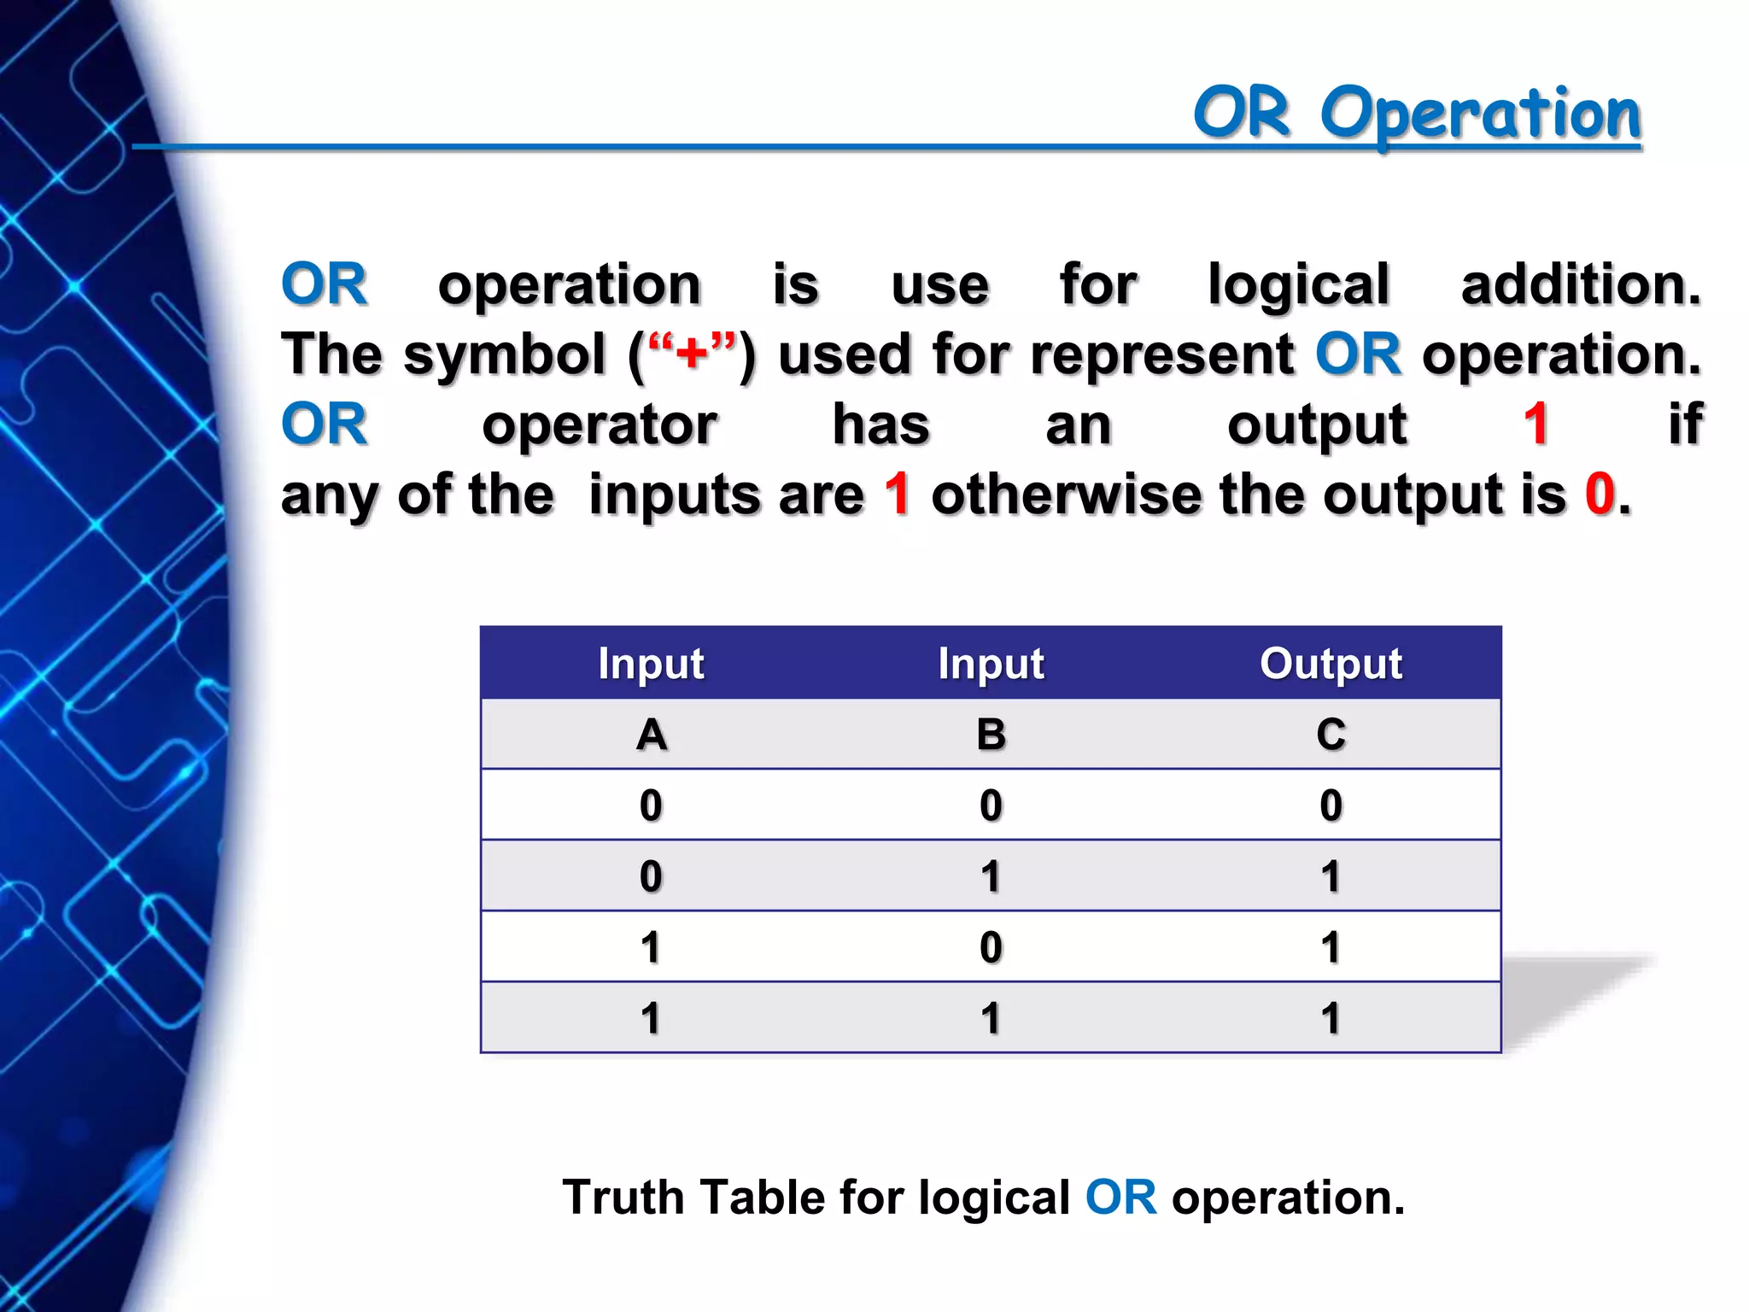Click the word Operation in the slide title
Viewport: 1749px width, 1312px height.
click(x=1480, y=114)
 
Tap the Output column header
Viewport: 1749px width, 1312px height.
click(x=1331, y=664)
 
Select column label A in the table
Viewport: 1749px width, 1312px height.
click(x=652, y=735)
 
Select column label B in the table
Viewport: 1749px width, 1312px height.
click(x=991, y=735)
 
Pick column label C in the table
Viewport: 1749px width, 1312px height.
click(x=1331, y=735)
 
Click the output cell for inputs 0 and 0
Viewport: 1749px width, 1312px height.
click(x=1331, y=805)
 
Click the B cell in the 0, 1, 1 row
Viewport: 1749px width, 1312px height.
click(x=991, y=876)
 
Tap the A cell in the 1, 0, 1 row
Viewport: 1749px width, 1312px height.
click(x=652, y=947)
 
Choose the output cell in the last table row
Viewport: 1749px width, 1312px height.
click(x=1331, y=1018)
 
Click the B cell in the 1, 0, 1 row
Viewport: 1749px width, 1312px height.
click(x=991, y=947)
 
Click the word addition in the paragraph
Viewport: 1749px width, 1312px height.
click(x=1581, y=284)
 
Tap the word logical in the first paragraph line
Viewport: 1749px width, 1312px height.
click(x=1298, y=284)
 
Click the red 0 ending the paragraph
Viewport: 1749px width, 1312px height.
click(x=1600, y=495)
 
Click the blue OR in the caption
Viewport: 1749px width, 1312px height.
click(x=1120, y=1197)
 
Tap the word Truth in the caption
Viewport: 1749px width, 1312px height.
click(x=623, y=1197)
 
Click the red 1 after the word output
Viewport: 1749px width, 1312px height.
click(x=1536, y=425)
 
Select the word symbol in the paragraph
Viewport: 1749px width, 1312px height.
click(x=504, y=354)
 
